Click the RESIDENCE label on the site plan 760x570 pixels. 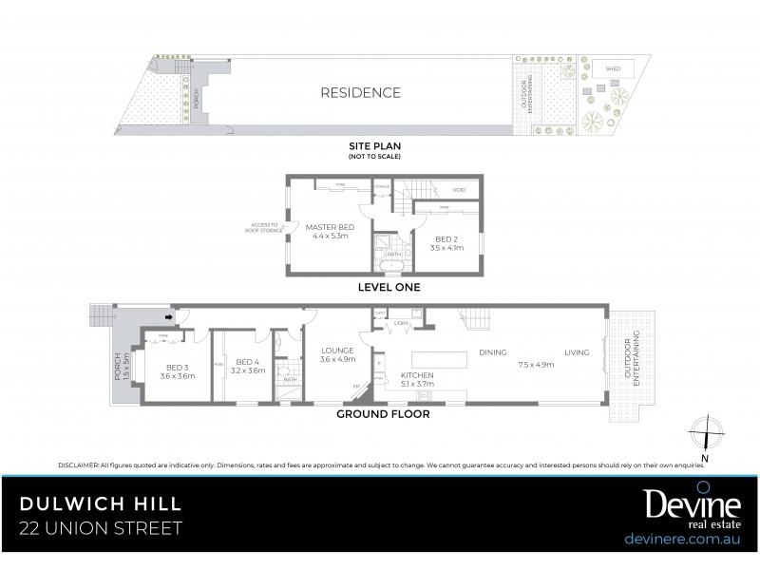[x=360, y=93]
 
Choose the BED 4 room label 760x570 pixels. [x=247, y=362]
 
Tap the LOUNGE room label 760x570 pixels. [x=337, y=349]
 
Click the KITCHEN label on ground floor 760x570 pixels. [x=417, y=376]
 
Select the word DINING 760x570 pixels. [x=493, y=353]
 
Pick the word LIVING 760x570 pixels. [x=577, y=353]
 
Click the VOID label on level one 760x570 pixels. [x=459, y=191]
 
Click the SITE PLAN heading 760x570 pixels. [x=374, y=145]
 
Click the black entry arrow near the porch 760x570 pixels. [x=169, y=318]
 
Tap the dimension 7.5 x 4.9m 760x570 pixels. [x=536, y=365]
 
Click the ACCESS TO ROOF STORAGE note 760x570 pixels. [x=263, y=229]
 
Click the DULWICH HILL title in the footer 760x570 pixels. [x=102, y=501]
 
